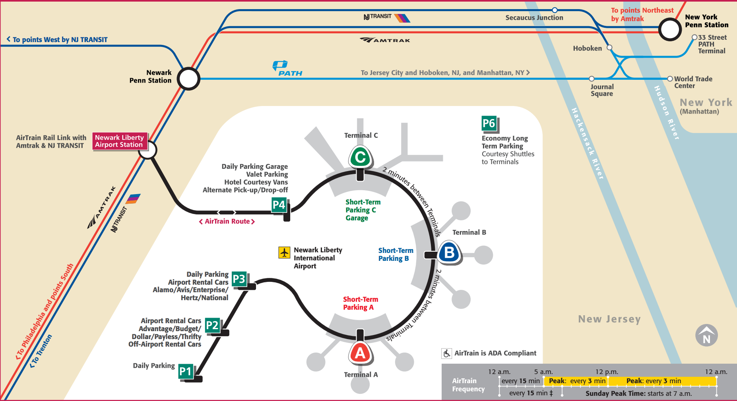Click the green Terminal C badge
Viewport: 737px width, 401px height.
[x=360, y=157]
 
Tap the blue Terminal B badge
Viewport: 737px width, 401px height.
[x=449, y=253]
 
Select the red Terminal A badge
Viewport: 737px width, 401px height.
[x=360, y=353]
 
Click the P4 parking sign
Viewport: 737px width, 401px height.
[x=279, y=205]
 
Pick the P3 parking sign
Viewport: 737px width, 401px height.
[x=239, y=279]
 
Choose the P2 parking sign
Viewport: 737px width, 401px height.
[x=212, y=326]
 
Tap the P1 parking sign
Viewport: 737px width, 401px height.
[x=185, y=372]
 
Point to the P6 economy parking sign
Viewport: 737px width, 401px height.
[x=489, y=123]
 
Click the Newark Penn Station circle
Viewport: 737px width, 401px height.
[x=188, y=79]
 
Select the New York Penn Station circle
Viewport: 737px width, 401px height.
[x=670, y=29]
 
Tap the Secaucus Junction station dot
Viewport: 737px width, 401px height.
[x=555, y=10]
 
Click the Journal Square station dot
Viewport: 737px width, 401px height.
[x=592, y=79]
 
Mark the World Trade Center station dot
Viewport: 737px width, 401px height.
[x=670, y=79]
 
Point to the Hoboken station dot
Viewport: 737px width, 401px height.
[x=609, y=48]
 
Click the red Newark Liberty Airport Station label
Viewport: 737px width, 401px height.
[x=119, y=141]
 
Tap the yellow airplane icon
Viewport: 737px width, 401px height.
[x=284, y=253]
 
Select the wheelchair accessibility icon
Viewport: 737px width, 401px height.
[x=447, y=353]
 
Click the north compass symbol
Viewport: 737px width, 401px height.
[x=706, y=336]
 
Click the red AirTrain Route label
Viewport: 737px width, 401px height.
[x=227, y=222]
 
